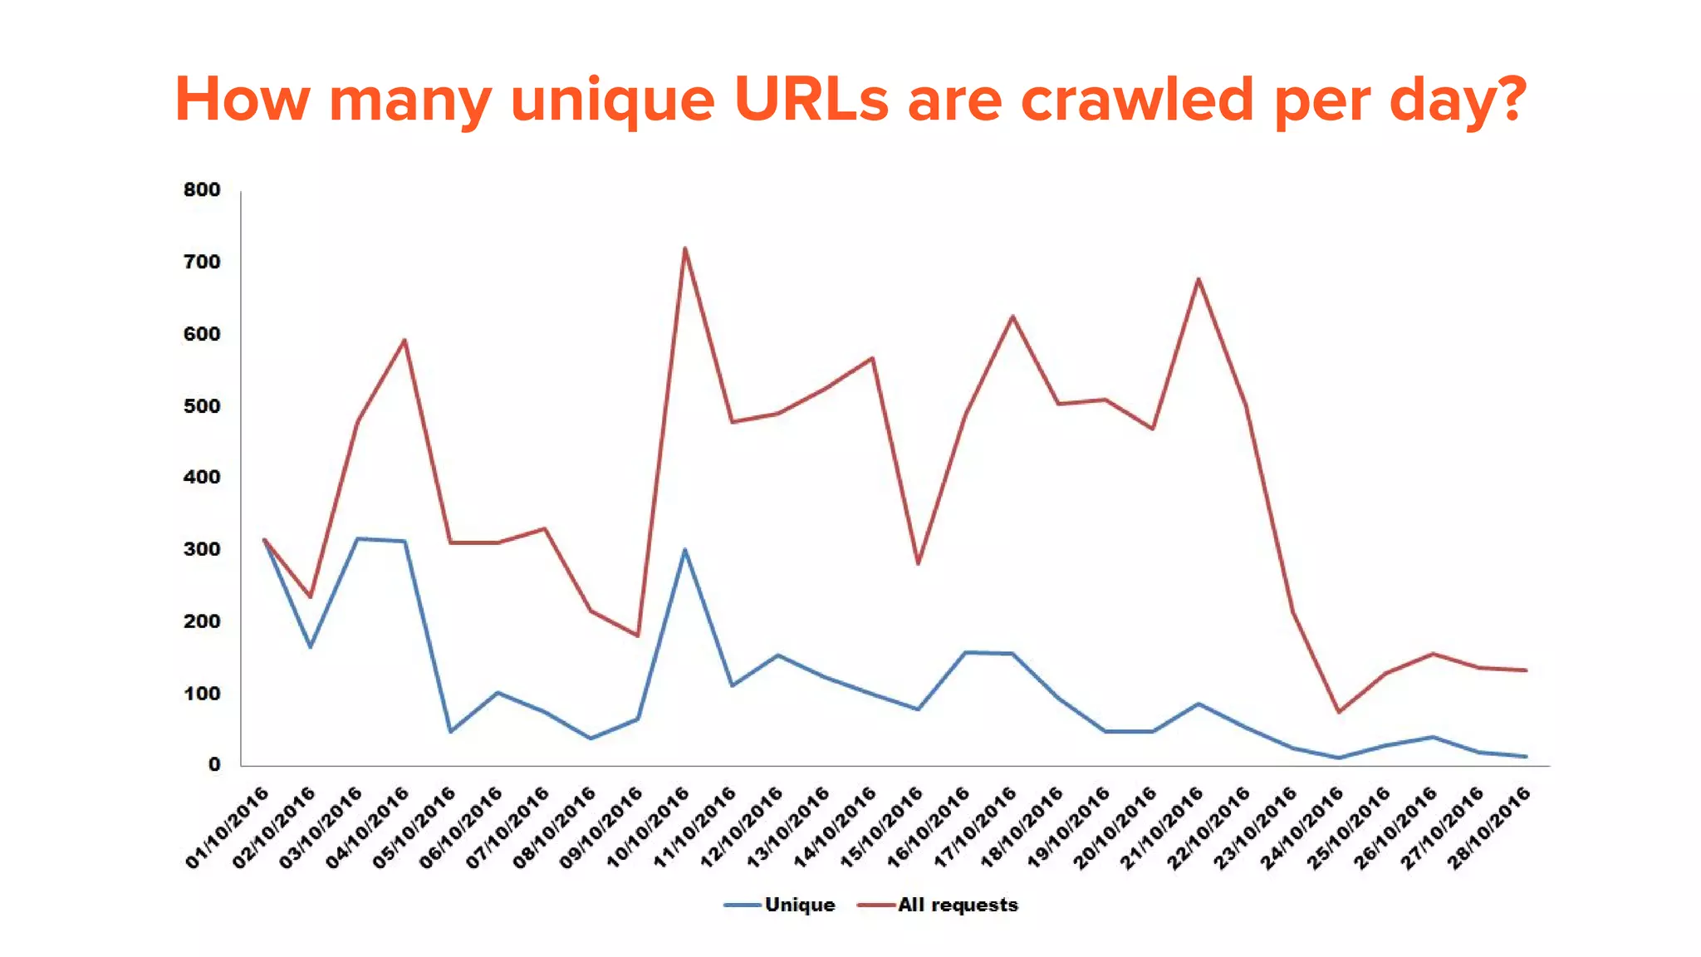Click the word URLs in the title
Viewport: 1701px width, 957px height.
[811, 100]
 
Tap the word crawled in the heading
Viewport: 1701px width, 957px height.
[1137, 100]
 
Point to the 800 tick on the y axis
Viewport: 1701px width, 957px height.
[202, 189]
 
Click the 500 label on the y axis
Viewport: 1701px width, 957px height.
[202, 405]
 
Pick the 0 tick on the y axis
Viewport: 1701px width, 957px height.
[214, 764]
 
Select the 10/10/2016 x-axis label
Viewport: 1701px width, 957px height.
[649, 827]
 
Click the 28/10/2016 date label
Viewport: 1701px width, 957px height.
[1489, 827]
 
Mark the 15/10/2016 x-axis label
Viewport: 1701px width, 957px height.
[882, 827]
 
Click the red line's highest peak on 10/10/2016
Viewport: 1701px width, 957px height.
[684, 248]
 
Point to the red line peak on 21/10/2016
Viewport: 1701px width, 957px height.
[1199, 278]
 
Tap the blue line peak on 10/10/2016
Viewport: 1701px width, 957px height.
[684, 549]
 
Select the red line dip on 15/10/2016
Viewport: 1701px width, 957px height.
[918, 564]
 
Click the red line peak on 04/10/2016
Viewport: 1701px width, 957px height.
[404, 339]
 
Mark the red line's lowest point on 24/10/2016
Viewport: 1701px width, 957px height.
[1339, 712]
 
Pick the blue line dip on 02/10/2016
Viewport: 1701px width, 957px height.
[311, 646]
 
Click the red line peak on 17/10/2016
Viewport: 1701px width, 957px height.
[1012, 316]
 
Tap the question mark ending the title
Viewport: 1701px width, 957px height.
[1509, 100]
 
